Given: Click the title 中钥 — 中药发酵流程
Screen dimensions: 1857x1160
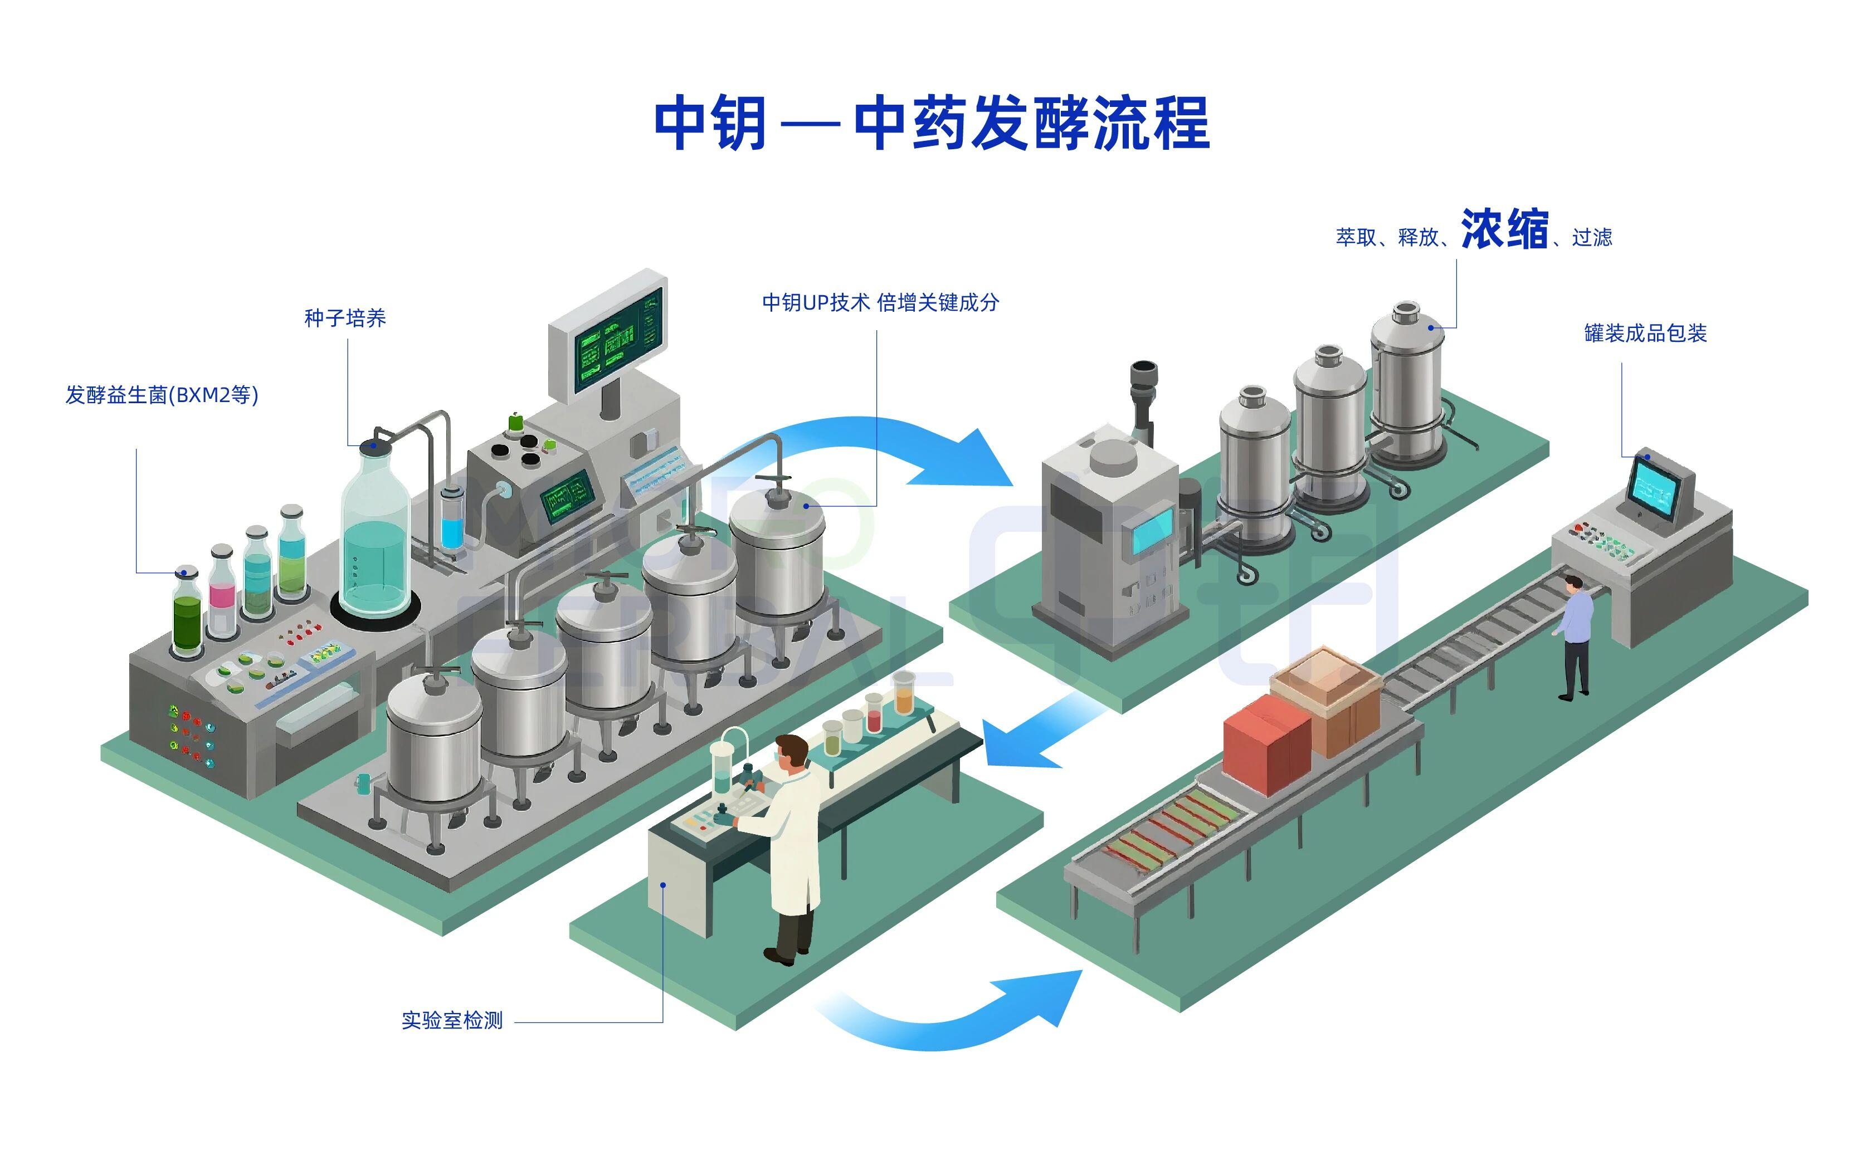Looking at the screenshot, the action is pos(932,123).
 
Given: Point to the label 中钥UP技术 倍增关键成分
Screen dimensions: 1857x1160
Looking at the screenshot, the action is pos(880,303).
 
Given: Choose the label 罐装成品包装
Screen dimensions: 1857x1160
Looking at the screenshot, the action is pos(1645,333).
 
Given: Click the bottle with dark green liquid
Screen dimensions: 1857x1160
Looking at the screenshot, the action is pos(187,611).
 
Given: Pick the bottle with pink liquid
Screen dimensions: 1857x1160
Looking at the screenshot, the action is pos(222,591).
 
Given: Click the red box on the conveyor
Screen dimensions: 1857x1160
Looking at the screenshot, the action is pos(1267,743).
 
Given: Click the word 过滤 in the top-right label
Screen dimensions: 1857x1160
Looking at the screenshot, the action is pos(1592,238).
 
